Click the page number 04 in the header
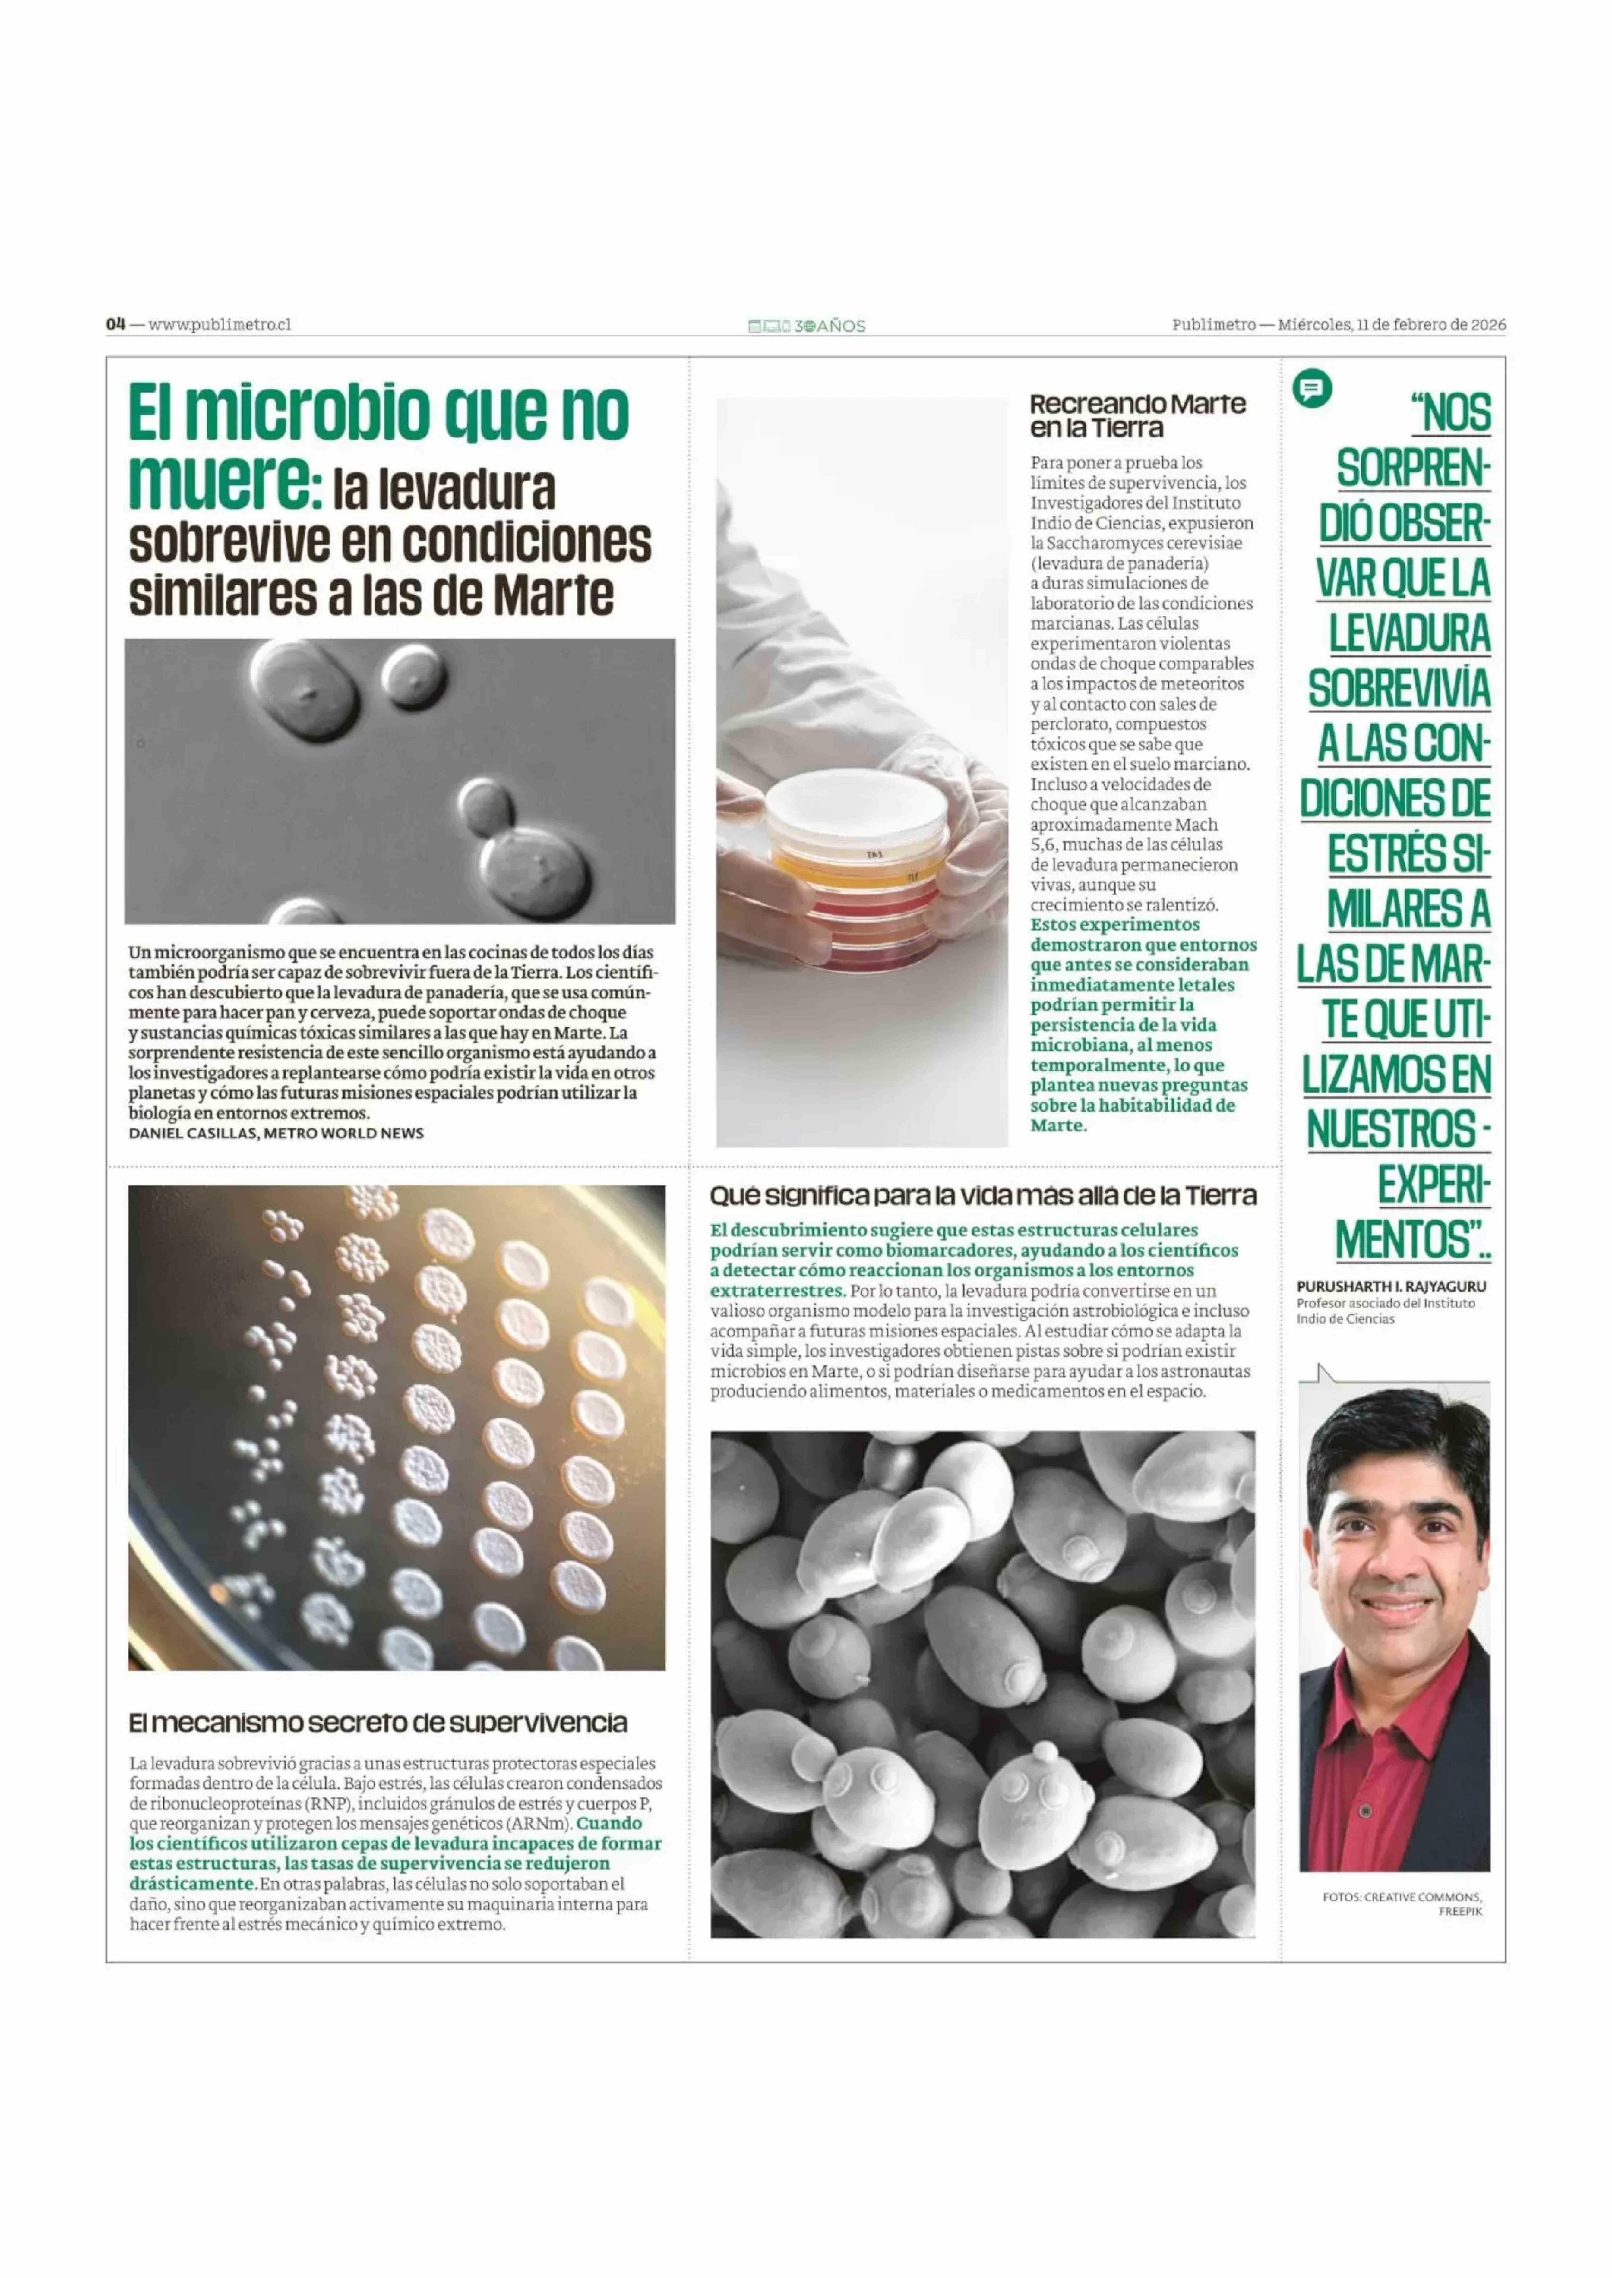click(116, 323)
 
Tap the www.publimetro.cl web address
click(219, 324)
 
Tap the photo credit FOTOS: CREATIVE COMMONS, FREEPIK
click(1401, 1903)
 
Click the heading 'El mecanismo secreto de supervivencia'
click(377, 1722)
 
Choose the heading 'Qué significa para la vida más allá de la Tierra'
click(983, 1195)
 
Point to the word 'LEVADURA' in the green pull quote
click(1409, 635)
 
